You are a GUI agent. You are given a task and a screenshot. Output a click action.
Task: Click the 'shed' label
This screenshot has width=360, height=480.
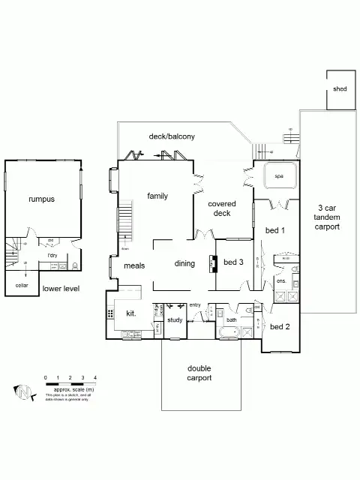340,88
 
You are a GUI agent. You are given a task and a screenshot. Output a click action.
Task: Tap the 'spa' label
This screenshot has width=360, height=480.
279,177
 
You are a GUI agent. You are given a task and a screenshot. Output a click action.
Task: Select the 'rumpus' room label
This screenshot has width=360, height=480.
42,199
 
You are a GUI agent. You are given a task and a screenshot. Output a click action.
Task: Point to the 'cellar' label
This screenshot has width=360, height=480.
21,286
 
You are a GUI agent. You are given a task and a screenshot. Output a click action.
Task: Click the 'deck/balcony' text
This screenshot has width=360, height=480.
172,136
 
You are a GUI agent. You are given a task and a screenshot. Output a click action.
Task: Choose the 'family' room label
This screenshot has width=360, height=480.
157,196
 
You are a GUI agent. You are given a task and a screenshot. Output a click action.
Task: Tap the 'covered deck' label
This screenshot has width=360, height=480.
222,208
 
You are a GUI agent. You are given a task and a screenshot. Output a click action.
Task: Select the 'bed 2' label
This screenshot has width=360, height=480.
280,327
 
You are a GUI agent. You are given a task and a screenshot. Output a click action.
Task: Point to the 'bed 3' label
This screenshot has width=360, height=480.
233,262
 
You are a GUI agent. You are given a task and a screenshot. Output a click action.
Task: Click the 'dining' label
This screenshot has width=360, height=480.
184,263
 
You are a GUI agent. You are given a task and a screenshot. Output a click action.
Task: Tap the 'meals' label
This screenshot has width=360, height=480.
133,265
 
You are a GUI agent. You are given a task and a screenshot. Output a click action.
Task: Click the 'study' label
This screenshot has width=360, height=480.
175,320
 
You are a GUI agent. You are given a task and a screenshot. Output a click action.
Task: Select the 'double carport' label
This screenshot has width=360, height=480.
199,373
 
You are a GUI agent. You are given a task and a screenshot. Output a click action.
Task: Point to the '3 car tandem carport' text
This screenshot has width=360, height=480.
328,217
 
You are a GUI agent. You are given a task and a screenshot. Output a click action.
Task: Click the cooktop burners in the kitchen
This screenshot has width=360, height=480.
111,314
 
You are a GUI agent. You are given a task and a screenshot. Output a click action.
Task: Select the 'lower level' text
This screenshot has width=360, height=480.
61,288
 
